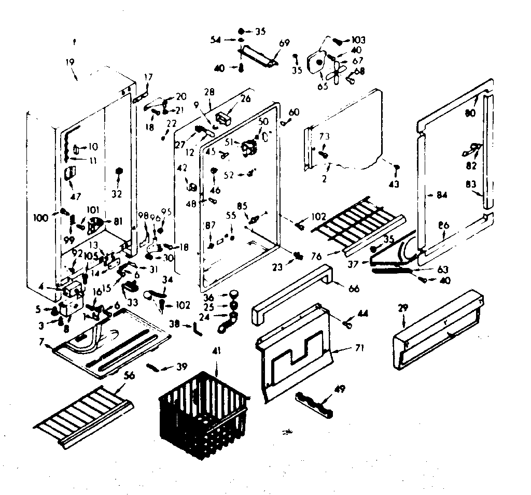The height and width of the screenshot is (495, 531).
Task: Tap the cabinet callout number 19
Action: (x=71, y=62)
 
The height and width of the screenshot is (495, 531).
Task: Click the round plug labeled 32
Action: (x=119, y=172)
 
